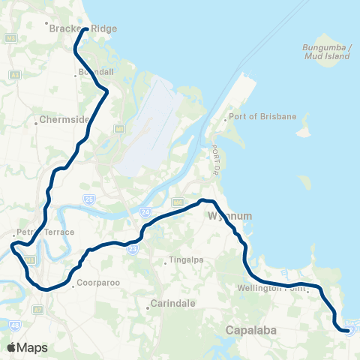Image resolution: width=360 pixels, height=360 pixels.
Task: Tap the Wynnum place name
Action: click(x=230, y=216)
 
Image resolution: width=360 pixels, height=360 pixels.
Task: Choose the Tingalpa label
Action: click(x=180, y=262)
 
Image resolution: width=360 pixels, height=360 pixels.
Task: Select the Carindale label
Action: click(x=168, y=304)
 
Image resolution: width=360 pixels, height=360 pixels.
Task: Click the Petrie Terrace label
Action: click(x=47, y=232)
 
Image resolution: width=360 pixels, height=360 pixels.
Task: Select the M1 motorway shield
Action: click(x=118, y=130)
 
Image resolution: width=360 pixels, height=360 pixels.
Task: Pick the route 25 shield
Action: click(x=88, y=199)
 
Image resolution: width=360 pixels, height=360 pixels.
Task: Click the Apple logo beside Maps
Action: click(x=11, y=347)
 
